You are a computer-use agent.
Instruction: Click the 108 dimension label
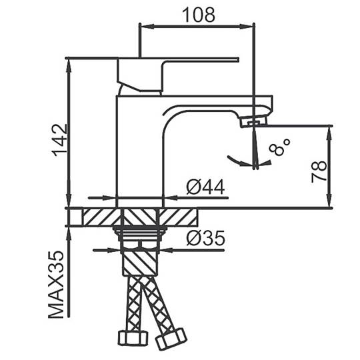coord(199,15)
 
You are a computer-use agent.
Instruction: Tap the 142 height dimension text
coord(59,140)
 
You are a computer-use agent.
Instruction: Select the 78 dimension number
coord(319,171)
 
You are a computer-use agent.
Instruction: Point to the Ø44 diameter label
coord(205,187)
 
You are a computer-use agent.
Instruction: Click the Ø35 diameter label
coord(205,237)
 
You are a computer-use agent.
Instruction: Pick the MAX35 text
coord(55,285)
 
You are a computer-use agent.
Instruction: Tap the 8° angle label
coord(279,147)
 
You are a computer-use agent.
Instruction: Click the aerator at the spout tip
coord(253,121)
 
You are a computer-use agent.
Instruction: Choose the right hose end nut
coord(171,338)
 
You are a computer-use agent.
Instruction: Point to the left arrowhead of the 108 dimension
coord(147,27)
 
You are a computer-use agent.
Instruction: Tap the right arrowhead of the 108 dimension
coord(247,27)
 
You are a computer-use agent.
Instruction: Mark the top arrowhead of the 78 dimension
coord(329,133)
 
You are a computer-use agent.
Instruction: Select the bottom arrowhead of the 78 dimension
coord(329,201)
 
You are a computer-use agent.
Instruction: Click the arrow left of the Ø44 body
coord(102,198)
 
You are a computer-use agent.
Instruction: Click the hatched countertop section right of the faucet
coord(178,217)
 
